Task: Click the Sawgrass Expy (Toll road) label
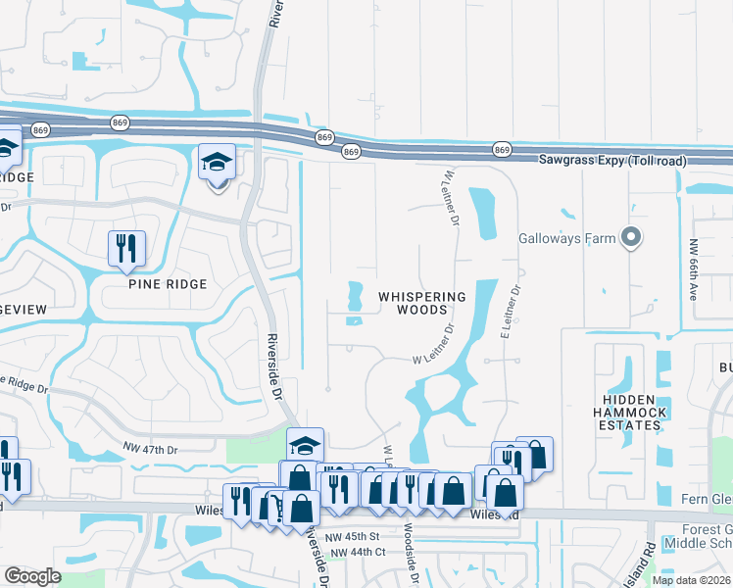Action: (x=612, y=160)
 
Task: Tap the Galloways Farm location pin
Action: (x=632, y=237)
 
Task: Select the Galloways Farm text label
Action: (x=567, y=238)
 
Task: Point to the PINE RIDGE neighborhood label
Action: (x=168, y=284)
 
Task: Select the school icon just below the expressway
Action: (x=218, y=163)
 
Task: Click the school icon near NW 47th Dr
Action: (x=305, y=445)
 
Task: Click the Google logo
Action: (x=32, y=576)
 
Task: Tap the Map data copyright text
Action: (x=691, y=580)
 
